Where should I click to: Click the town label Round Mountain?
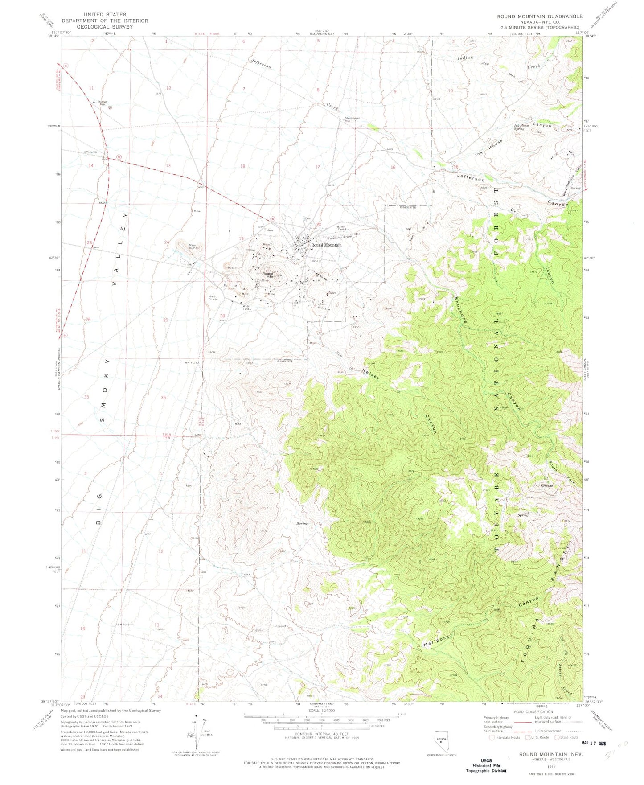(x=326, y=245)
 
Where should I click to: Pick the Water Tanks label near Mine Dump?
(x=246, y=307)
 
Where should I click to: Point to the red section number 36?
(x=164, y=397)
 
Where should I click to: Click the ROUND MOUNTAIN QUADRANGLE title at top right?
(x=540, y=16)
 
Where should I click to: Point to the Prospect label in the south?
(x=280, y=626)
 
